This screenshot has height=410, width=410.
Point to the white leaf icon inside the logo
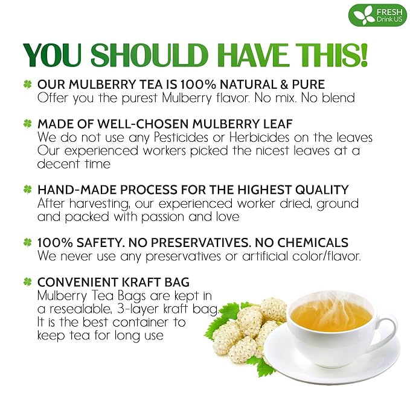pos(357,14)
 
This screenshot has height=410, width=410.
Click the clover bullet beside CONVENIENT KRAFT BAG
pos(27,282)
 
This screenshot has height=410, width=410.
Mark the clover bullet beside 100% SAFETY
pos(27,242)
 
